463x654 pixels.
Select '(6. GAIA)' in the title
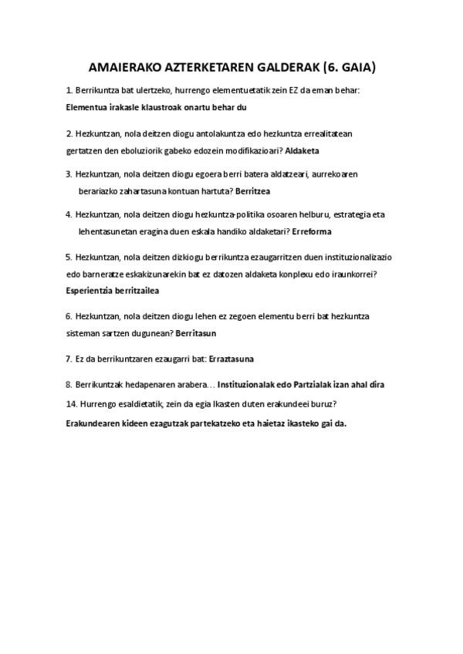(x=346, y=68)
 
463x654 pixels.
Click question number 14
(x=72, y=403)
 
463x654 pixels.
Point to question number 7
(x=69, y=359)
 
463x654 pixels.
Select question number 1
(x=69, y=91)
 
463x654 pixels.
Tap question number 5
(x=69, y=257)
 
